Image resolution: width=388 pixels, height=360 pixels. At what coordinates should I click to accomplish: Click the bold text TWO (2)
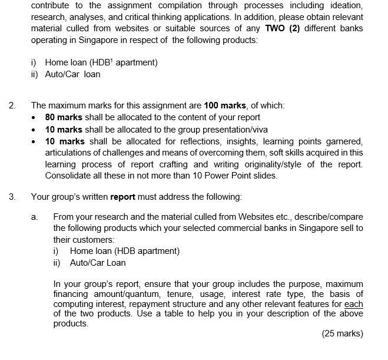(x=283, y=28)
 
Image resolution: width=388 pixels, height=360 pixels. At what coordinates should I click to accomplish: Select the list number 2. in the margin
(x=12, y=105)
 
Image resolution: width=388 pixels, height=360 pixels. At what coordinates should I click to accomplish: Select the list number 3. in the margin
(x=12, y=197)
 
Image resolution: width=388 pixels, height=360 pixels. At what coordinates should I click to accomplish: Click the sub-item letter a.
(x=35, y=217)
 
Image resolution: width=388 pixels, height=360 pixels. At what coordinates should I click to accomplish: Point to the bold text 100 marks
(x=225, y=105)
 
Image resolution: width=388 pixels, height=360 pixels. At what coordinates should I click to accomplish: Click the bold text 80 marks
(x=64, y=117)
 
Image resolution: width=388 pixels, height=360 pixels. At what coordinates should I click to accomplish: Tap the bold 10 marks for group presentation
(x=64, y=129)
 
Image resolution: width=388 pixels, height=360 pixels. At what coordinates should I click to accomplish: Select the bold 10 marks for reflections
(x=64, y=141)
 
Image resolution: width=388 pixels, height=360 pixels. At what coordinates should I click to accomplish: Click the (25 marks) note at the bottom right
(x=342, y=333)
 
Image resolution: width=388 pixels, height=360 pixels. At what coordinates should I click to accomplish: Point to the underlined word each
(x=354, y=304)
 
